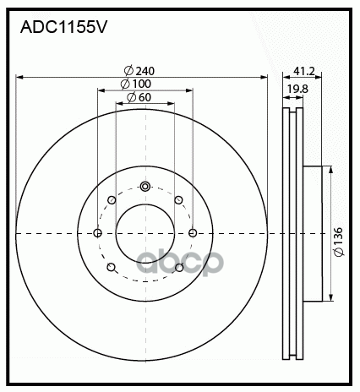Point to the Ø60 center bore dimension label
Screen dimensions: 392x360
click(x=139, y=98)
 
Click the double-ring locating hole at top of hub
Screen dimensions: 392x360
click(x=145, y=187)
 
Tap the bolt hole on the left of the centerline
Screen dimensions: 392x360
click(x=98, y=233)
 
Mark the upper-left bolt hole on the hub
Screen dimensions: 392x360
click(x=112, y=200)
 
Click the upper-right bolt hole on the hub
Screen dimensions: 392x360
click(x=177, y=200)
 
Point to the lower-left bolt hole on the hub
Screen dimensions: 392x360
click(x=112, y=267)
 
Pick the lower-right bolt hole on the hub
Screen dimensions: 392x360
click(x=177, y=267)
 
